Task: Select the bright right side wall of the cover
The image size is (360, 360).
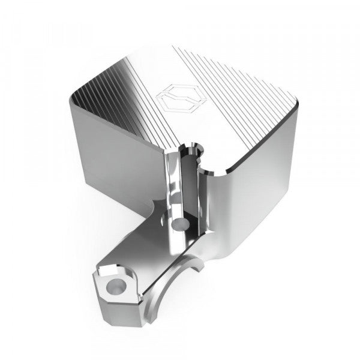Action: (264, 180)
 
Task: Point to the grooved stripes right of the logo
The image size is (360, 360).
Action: (240, 96)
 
